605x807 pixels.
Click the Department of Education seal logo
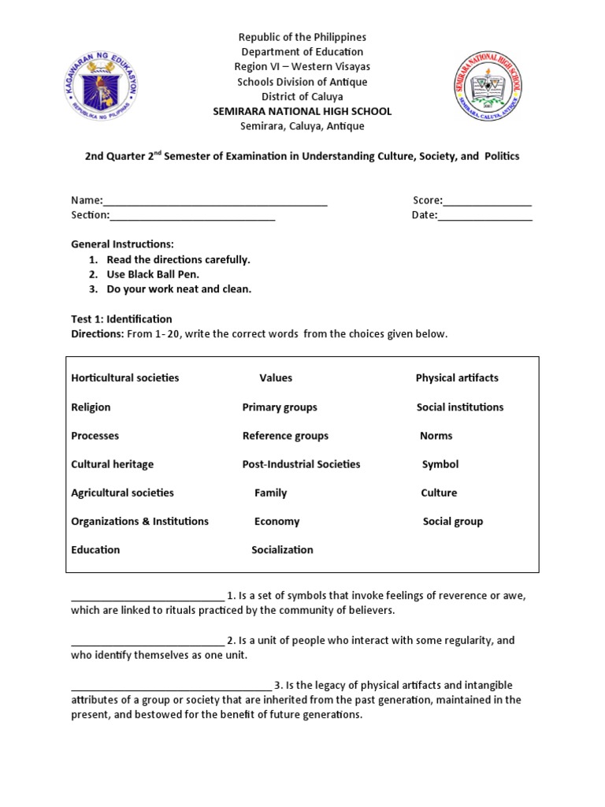pos(99,88)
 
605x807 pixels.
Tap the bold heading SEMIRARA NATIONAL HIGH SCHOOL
pos(302,111)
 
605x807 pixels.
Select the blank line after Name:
pos(215,201)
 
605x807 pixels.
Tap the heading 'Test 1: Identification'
pos(121,319)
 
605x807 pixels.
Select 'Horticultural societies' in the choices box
pos(125,378)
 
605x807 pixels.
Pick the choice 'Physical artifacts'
pos(457,378)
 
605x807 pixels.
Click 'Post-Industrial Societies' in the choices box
pos(301,464)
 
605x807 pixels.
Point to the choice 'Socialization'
pos(282,550)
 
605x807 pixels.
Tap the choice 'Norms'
pos(436,436)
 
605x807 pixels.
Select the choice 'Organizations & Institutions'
pos(139,522)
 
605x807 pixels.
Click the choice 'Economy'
pos(277,522)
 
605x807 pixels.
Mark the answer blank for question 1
pos(147,597)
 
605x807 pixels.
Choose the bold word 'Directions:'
pos(98,334)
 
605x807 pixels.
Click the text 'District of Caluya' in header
pos(302,96)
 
